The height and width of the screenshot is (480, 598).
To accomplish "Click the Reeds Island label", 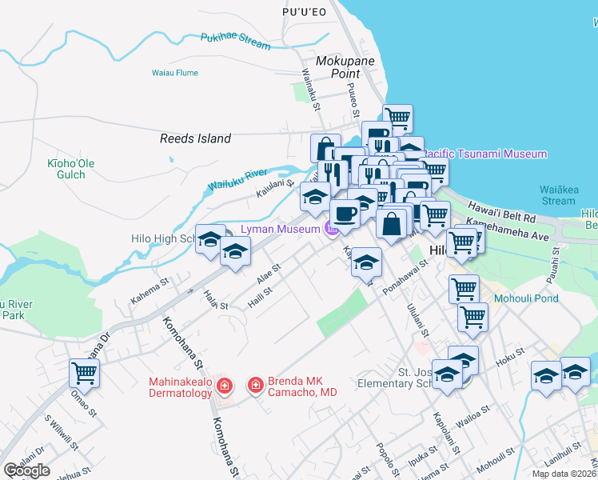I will coord(195,138).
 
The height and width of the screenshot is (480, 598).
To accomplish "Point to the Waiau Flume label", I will coord(174,73).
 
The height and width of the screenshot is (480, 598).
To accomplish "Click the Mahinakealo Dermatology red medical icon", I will coord(225,386).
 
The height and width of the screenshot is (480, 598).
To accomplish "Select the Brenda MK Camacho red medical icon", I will coord(256,386).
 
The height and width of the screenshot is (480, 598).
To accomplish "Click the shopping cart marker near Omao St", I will coord(84,372).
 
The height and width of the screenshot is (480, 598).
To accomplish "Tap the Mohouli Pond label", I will coord(526,300).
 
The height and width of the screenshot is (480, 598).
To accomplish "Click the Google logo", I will coord(26,470).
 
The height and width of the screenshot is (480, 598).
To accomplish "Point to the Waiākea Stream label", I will coord(557,195).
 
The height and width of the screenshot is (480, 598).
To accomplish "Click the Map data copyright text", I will coord(564,474).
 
